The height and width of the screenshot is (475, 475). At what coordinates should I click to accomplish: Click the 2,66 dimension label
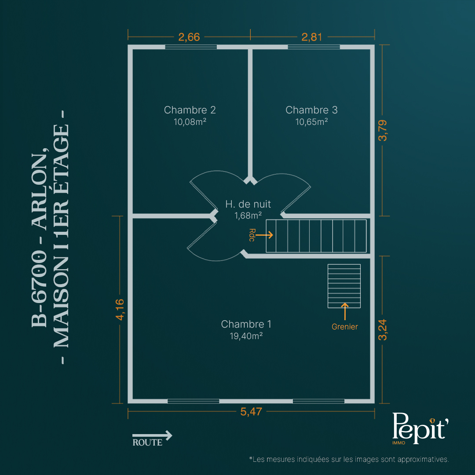pyautogui.click(x=189, y=37)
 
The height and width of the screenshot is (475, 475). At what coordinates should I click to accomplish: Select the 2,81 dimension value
pyautogui.click(x=312, y=37)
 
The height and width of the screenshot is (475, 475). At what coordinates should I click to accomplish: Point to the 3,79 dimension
pyautogui.click(x=383, y=131)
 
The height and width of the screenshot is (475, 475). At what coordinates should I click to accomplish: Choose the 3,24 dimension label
pyautogui.click(x=383, y=330)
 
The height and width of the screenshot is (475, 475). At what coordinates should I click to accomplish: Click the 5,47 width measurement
pyautogui.click(x=251, y=412)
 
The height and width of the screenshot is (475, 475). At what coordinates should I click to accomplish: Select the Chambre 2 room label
pyautogui.click(x=190, y=110)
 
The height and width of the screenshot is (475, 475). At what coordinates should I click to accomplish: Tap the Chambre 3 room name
pyautogui.click(x=311, y=110)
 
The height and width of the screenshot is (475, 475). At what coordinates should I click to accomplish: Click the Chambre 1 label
pyautogui.click(x=246, y=324)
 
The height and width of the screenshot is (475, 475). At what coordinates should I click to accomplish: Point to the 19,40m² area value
pyautogui.click(x=246, y=336)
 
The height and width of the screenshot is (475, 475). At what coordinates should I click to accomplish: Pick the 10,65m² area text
pyautogui.click(x=311, y=122)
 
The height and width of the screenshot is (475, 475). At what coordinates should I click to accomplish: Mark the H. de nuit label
pyautogui.click(x=248, y=204)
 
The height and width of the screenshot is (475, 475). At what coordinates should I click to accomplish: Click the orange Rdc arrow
pyautogui.click(x=264, y=235)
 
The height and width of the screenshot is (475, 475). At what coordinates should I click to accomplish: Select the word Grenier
pyautogui.click(x=345, y=327)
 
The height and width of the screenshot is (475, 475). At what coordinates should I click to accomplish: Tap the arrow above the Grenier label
pyautogui.click(x=345, y=311)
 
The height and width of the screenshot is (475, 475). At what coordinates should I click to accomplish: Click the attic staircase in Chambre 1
pyautogui.click(x=344, y=286)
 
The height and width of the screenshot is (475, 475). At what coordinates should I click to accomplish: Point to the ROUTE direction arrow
pyautogui.click(x=152, y=435)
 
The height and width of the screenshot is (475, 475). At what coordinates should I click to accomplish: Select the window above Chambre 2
pyautogui.click(x=191, y=47)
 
